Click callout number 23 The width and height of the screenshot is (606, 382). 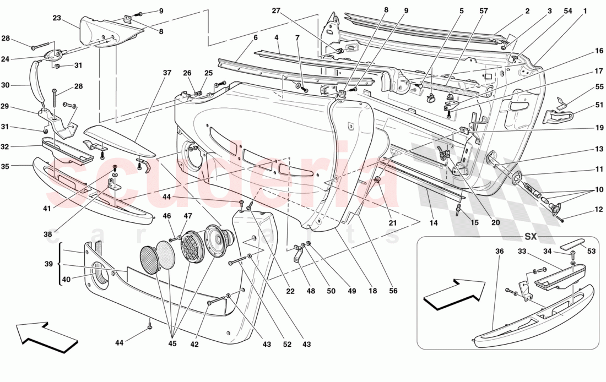[57, 18]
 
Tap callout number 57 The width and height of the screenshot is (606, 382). [484, 10]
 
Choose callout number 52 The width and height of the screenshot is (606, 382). [287, 345]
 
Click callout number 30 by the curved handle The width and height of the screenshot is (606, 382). [6, 85]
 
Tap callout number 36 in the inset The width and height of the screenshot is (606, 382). [499, 250]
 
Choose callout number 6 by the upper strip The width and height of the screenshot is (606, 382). [255, 38]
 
